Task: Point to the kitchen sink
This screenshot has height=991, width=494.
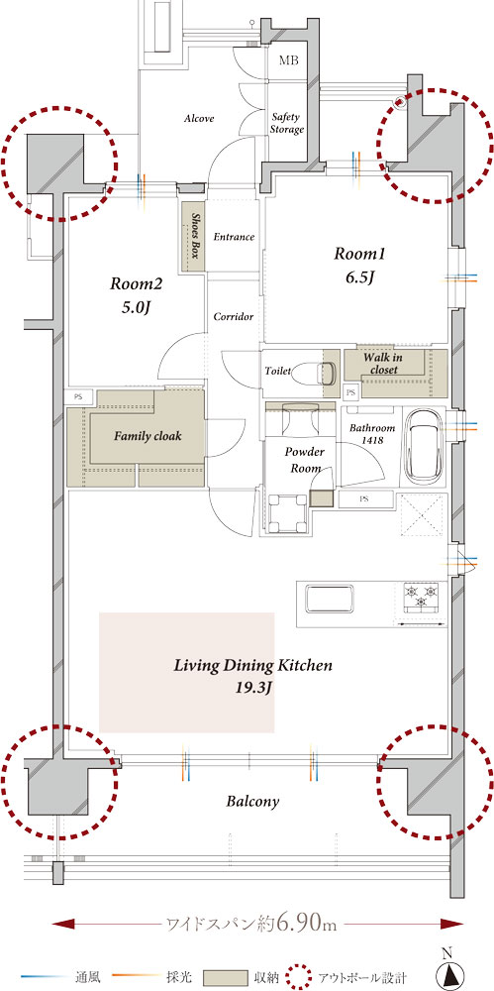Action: click(329, 599)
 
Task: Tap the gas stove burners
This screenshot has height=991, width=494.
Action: click(421, 598)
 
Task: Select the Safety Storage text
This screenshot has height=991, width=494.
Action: click(287, 123)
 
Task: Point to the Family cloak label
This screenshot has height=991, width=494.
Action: click(148, 436)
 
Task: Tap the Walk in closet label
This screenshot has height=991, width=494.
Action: click(383, 364)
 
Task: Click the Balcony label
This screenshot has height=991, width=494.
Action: click(252, 802)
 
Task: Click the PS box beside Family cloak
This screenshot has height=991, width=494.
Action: click(79, 397)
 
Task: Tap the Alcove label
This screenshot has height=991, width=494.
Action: click(200, 118)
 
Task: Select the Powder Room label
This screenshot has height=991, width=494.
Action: click(305, 460)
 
